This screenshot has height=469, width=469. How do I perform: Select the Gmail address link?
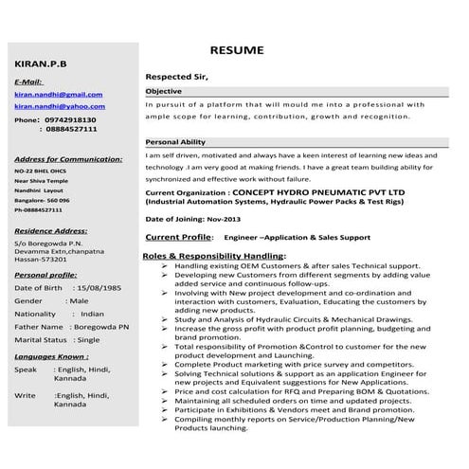click(58, 95)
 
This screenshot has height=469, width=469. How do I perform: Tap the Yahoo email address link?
click(58, 107)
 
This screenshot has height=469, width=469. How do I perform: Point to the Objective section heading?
click(163, 91)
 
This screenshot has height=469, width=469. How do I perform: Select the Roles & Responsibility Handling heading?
click(213, 256)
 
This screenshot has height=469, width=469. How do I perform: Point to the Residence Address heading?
click(51, 230)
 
